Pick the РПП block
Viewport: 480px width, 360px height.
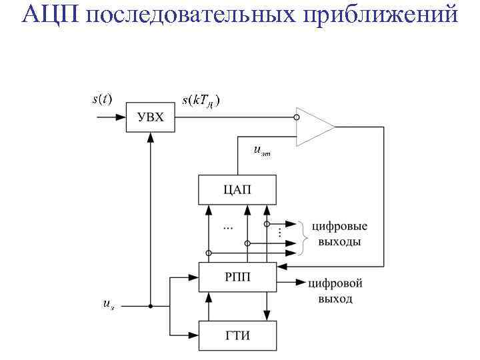[x=237, y=277]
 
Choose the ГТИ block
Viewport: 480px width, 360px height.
[x=237, y=335]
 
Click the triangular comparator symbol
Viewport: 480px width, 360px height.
[x=315, y=125]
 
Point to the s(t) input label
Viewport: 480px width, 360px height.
[x=101, y=99]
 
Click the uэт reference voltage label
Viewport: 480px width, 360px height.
[x=262, y=151]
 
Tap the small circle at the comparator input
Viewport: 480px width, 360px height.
[x=297, y=117]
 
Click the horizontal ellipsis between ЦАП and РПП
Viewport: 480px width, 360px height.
[x=228, y=229]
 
